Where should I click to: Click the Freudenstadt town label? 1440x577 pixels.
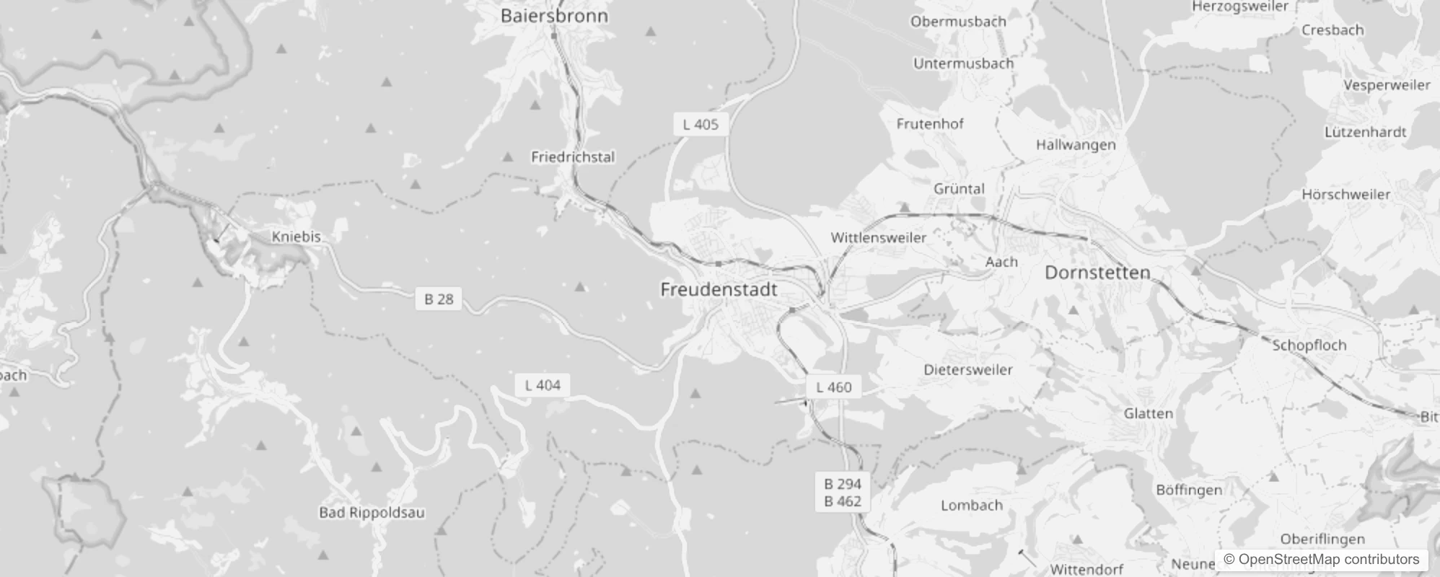coord(719,290)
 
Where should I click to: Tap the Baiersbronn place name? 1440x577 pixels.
coord(554,16)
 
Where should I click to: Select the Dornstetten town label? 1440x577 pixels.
coord(1097,273)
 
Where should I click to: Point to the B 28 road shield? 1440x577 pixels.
coord(439,299)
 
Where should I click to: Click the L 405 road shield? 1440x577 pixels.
coord(701,124)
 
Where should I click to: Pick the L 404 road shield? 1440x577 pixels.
coord(543,385)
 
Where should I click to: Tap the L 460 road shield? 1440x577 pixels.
coord(833,387)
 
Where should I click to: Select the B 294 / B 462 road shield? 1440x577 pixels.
coord(843,493)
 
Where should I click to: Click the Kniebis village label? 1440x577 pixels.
coord(296,237)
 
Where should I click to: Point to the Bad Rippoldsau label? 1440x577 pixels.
coord(372,513)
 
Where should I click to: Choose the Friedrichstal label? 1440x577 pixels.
coord(573,157)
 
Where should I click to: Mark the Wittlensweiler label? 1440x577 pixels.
coord(878,237)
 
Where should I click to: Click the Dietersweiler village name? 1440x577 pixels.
coord(968,370)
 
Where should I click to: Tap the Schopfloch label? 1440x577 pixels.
coord(1309,345)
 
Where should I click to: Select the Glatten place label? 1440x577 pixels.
coord(1148,414)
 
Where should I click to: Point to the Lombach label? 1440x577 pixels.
coord(971,506)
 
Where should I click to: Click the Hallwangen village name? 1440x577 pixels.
coord(1076,145)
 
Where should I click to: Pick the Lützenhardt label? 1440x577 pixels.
coord(1365,132)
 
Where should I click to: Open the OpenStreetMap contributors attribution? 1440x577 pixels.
coord(1321,560)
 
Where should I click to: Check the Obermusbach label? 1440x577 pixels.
coord(958,22)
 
